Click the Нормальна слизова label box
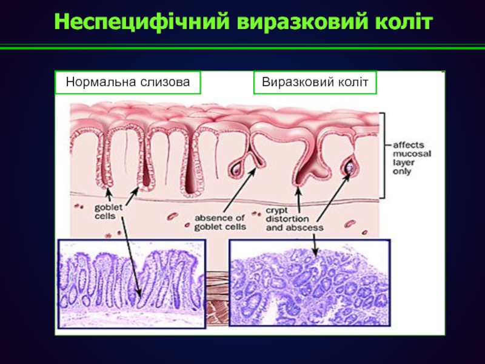pos(127,82)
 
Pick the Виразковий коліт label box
pos(315,82)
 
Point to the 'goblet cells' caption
pos(107,212)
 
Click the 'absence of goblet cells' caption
pos(220,222)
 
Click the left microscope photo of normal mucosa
pos(132,283)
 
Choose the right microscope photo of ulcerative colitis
pos(309,283)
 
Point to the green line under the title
pos(242,47)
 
